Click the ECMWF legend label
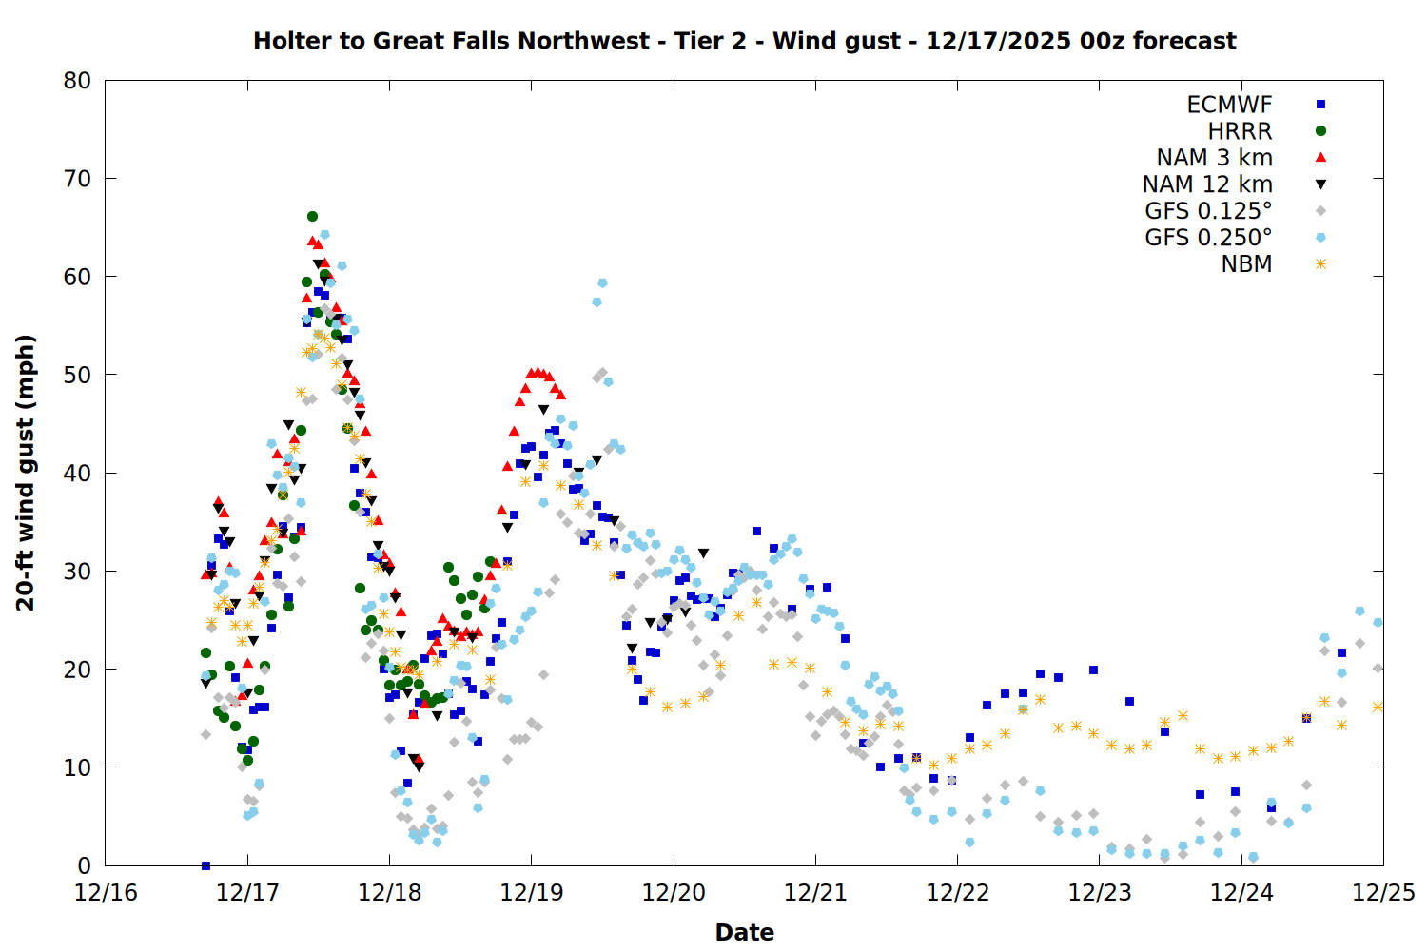[1229, 105]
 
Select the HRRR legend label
[1240, 131]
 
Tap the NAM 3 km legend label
[1214, 158]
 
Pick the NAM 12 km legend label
[1207, 184]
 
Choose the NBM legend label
[1246, 264]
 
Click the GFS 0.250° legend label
[1208, 238]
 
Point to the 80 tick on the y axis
[77, 81]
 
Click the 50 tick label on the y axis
[77, 375]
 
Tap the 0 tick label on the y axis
[85, 865]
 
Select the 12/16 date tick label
[106, 893]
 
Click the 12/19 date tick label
[531, 893]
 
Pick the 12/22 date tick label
[957, 893]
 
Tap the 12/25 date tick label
[1383, 893]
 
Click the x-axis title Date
[744, 932]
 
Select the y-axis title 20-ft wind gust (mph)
[26, 473]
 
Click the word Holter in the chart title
[293, 41]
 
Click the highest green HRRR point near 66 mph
[312, 217]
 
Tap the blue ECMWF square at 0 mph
[205, 865]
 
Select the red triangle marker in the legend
[1320, 158]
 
